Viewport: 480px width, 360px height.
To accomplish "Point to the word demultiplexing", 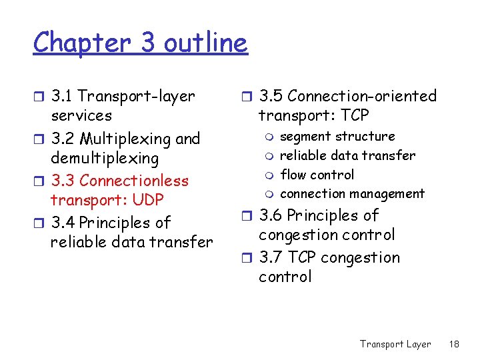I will click(105, 159).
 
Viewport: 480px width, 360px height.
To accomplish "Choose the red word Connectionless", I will click(133, 181).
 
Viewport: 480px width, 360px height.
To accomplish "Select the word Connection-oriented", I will click(362, 97).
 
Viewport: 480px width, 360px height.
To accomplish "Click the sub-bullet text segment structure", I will click(337, 137).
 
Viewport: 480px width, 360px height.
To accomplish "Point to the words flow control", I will click(317, 175).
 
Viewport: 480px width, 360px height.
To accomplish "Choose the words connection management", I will click(352, 194).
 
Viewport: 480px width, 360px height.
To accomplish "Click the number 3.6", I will click(270, 216).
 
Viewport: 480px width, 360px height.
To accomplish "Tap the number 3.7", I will click(270, 258).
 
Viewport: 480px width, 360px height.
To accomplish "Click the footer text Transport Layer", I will click(395, 344).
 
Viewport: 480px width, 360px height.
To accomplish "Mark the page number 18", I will click(455, 344).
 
